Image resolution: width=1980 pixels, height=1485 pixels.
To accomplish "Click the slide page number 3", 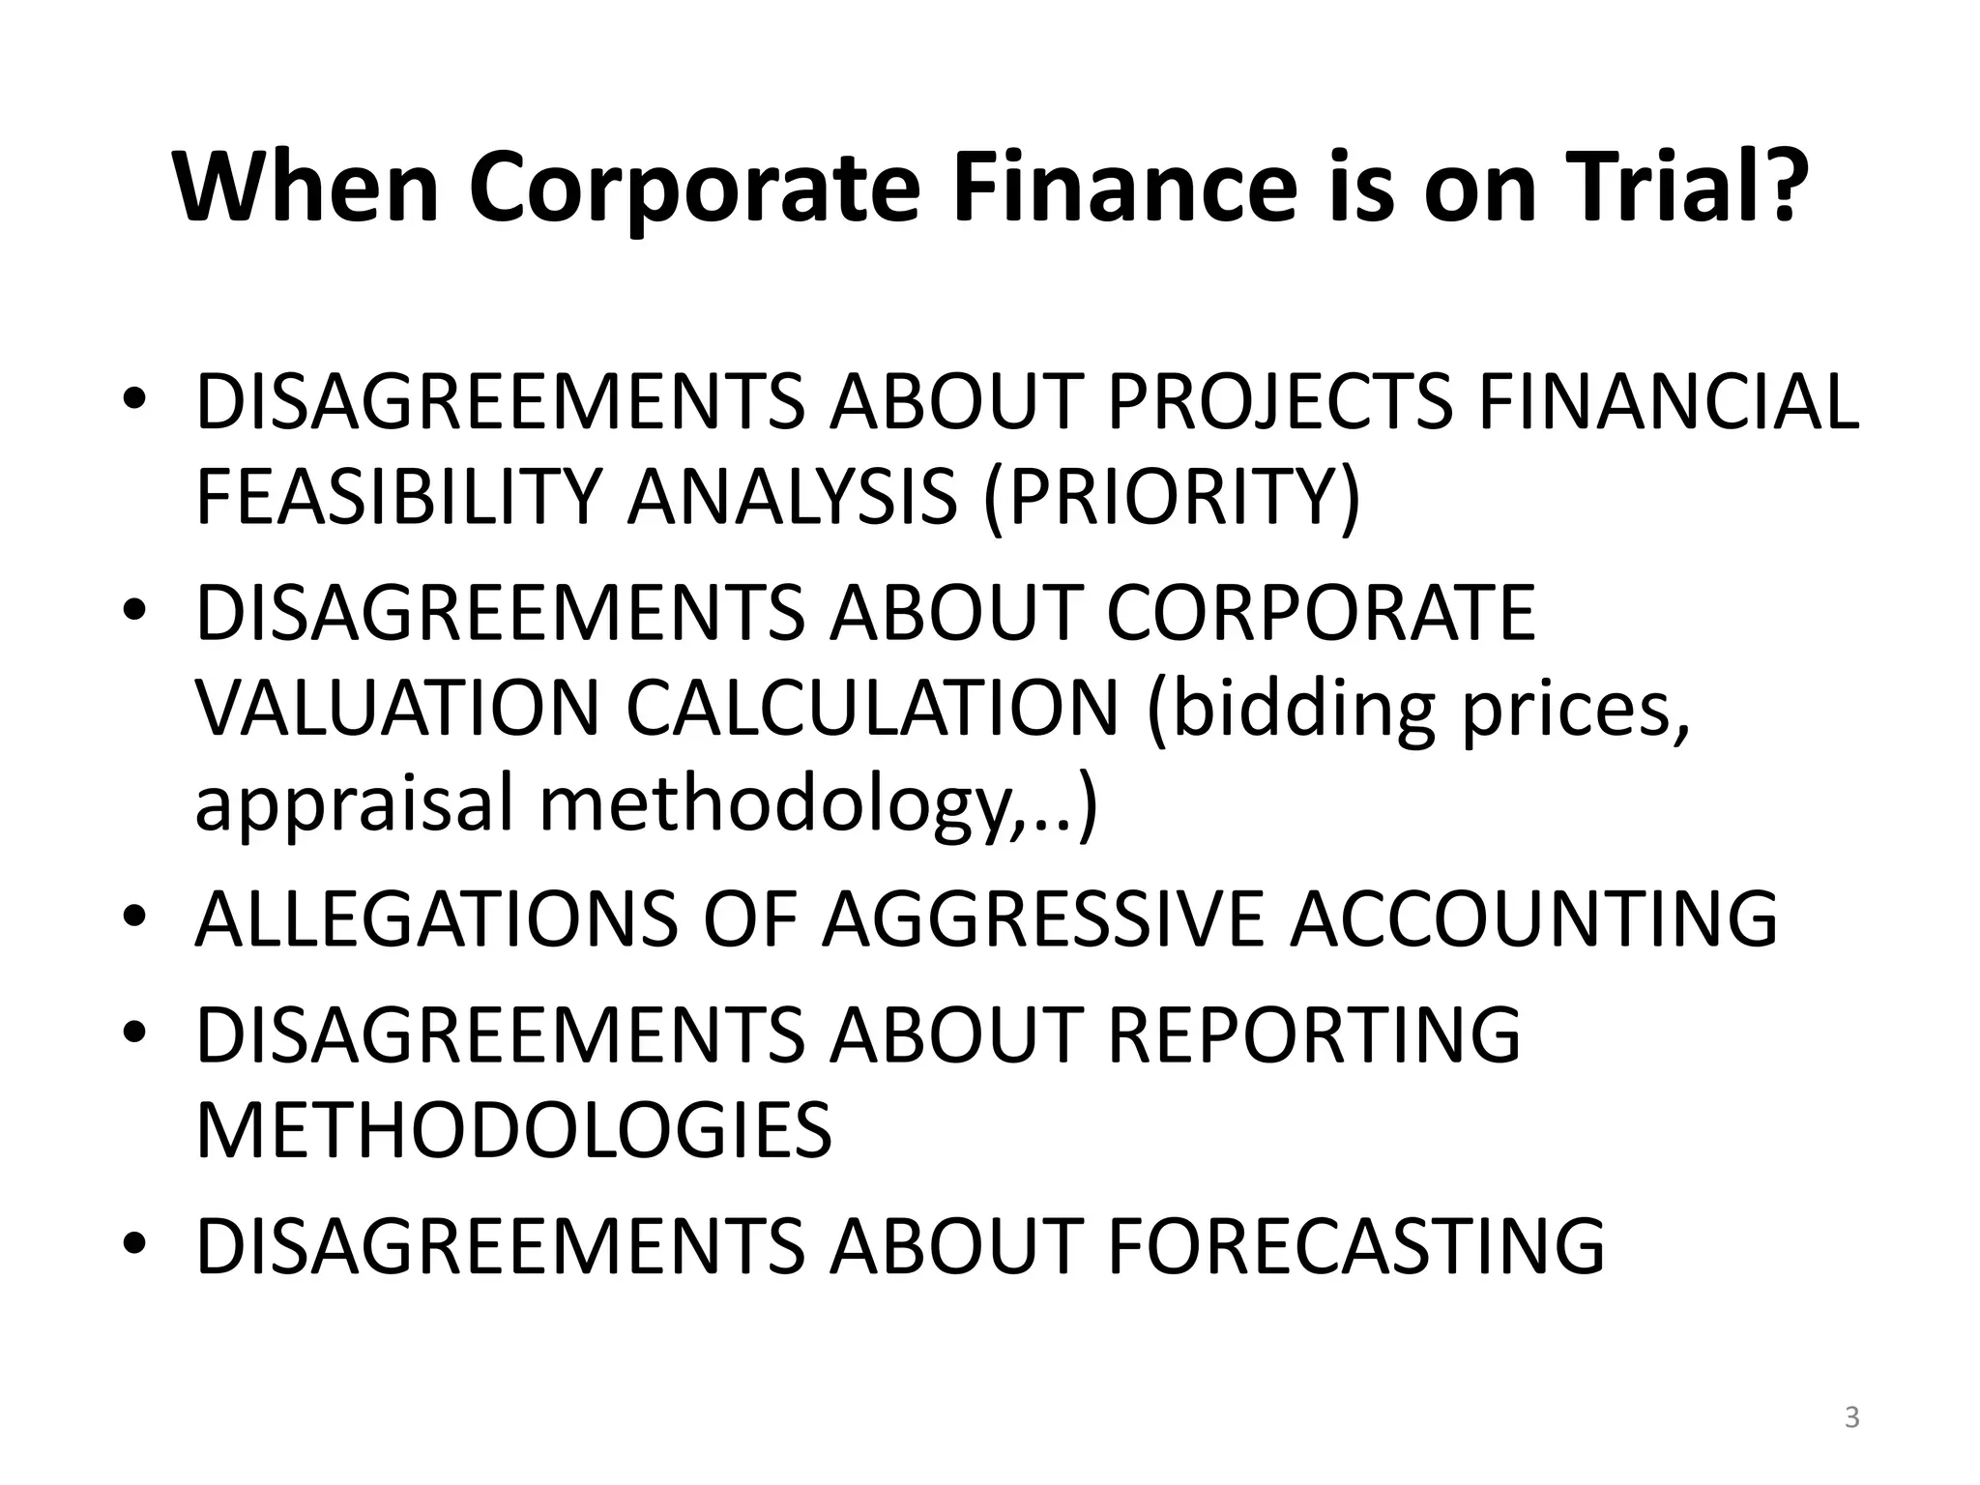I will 1851,1418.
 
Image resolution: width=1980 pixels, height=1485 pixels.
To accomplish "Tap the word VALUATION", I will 398,708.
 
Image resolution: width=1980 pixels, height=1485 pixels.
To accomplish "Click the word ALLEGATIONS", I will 435,919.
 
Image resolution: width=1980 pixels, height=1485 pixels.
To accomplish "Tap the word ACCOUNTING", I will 1533,919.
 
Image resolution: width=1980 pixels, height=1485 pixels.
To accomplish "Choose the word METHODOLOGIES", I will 513,1130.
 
